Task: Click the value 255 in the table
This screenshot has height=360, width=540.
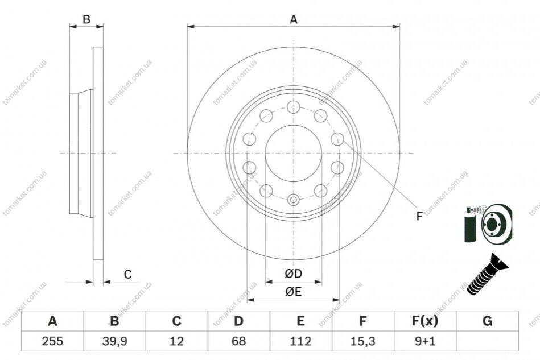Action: pyautogui.click(x=52, y=341)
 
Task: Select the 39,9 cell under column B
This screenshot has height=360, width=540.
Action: pyautogui.click(x=115, y=341)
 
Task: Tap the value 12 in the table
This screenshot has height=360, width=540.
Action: pyautogui.click(x=176, y=341)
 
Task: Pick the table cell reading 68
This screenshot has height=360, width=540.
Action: pyautogui.click(x=238, y=341)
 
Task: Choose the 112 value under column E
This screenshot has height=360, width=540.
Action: pyautogui.click(x=300, y=341)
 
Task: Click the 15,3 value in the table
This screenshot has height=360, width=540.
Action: pyautogui.click(x=362, y=341)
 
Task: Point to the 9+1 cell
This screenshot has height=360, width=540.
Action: pyautogui.click(x=425, y=341)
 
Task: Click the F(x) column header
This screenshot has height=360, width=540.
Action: pyautogui.click(x=425, y=321)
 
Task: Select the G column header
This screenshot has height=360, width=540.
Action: pyautogui.click(x=487, y=321)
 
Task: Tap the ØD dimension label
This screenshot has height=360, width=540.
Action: pyautogui.click(x=294, y=274)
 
